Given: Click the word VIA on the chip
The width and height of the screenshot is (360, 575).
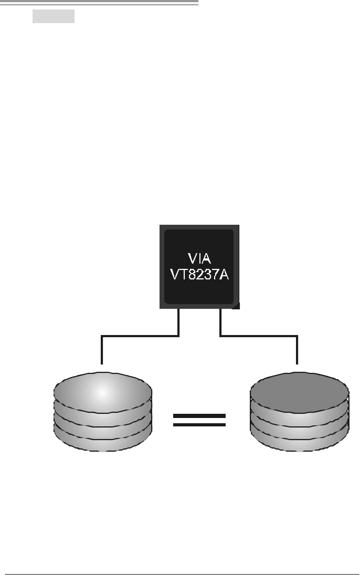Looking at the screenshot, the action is coord(199,258).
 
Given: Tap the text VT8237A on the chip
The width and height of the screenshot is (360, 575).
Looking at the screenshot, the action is coord(199,275).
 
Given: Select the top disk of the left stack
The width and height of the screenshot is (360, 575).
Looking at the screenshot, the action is coord(103,391).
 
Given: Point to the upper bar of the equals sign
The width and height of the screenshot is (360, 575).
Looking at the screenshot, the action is coord(199,416).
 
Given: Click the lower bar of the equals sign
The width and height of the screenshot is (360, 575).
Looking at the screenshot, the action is coord(199,424).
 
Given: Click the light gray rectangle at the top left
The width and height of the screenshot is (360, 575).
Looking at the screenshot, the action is coord(54,16).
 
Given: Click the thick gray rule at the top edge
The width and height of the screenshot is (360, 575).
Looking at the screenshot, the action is coord(100,3).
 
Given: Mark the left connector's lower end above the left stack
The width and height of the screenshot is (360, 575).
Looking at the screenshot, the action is coord(102,362).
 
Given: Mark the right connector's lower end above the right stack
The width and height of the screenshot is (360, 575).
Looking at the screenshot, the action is coord(298,362).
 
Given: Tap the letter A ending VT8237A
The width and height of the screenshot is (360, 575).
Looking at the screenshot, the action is coord(224,275).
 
